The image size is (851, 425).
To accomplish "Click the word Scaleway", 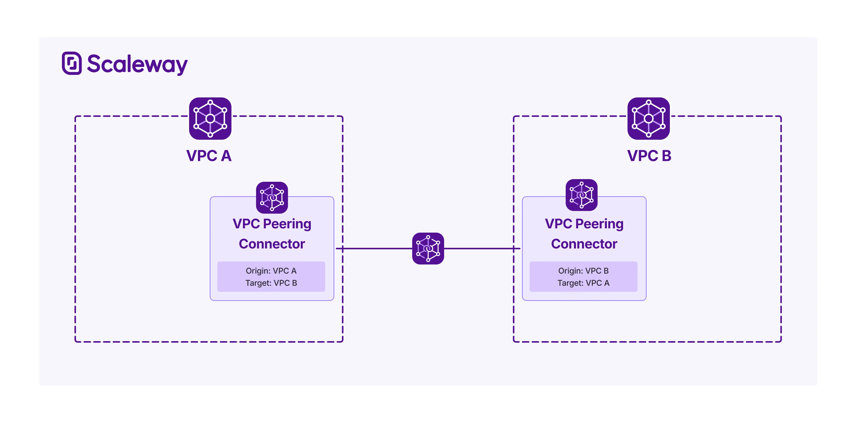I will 137,64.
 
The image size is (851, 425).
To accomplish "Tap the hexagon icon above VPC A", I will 210,118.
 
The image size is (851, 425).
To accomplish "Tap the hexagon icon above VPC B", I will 649,118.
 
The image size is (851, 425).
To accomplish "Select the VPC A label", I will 209,156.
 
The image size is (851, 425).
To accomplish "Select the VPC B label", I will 649,156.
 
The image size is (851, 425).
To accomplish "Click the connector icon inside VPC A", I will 272,197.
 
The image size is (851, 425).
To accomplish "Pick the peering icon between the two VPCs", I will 428,248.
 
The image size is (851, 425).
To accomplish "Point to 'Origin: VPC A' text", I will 271,271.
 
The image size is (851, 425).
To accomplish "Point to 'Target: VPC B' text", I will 271,283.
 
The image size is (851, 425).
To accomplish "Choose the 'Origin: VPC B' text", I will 583,271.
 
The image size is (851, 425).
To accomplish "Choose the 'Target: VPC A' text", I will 583,283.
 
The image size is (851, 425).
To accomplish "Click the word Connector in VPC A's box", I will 272,244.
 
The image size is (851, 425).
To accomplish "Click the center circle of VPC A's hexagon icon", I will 210,118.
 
